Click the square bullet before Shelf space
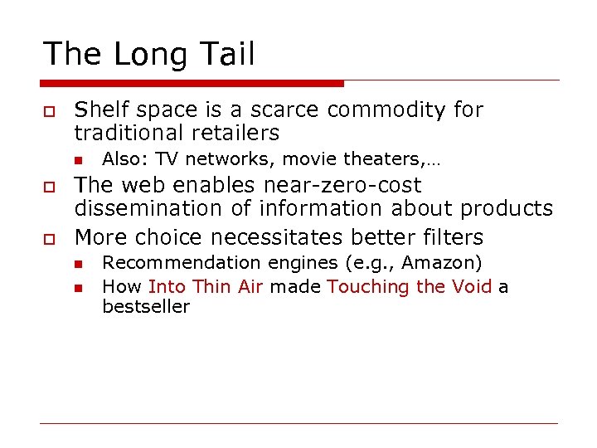point(48,111)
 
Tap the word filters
point(452,237)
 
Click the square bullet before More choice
point(48,239)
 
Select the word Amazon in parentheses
point(441,263)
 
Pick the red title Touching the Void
point(410,287)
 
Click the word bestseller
point(146,307)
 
